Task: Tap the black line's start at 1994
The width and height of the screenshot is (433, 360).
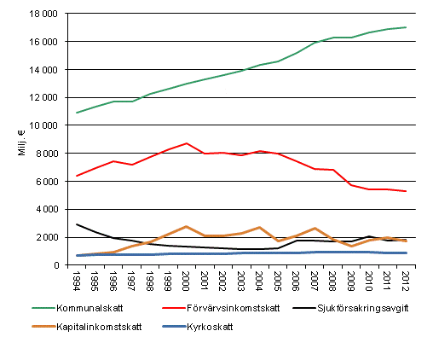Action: [x=78, y=224]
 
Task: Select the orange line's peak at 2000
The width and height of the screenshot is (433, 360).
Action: [x=186, y=226]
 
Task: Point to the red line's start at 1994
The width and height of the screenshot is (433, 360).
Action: [x=78, y=176]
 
